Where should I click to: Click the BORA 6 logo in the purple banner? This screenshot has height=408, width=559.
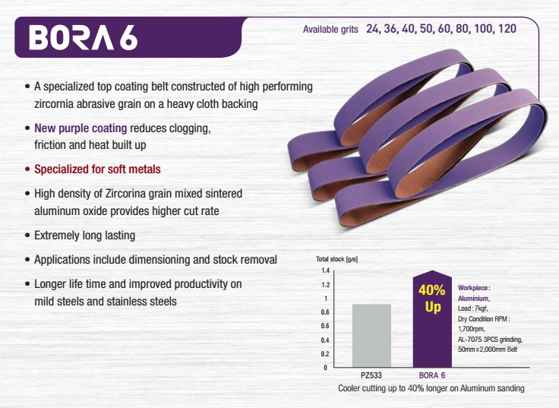83,37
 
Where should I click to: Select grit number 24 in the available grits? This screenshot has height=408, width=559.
373,29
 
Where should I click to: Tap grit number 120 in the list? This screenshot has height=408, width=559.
507,29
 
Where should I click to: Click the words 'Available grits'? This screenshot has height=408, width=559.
330,29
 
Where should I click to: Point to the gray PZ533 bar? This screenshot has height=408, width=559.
371,336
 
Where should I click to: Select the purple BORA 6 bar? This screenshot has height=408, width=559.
432,319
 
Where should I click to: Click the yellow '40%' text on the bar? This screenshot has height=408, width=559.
432,290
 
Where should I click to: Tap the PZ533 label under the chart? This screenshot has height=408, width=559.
371,375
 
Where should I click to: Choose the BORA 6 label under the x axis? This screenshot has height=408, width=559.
432,375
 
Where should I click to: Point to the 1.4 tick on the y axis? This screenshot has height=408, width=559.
326,270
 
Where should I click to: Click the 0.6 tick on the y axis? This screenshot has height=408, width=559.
325,326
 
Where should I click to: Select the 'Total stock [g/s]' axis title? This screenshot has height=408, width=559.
337,259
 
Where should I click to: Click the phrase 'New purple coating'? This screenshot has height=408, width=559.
81,128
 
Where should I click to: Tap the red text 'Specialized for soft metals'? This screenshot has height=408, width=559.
97,169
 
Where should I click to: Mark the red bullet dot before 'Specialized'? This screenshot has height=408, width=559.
27,169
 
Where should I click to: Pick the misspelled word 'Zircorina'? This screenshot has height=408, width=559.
125,194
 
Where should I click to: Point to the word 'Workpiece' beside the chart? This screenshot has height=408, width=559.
472,288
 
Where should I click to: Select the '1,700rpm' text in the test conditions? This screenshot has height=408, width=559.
472,329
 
